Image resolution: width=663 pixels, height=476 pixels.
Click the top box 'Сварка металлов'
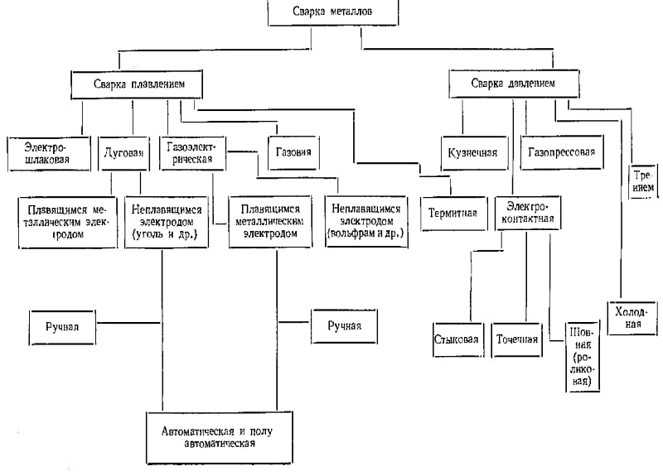333,12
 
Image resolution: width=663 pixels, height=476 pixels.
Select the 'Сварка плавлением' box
137,84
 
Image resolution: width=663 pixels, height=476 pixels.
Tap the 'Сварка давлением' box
514,84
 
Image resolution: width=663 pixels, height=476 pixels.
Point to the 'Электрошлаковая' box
49,154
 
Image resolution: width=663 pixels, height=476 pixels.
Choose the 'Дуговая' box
123,153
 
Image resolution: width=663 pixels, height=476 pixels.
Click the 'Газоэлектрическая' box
192,153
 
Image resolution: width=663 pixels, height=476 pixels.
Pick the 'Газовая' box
293,152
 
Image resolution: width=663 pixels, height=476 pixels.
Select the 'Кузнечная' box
474,153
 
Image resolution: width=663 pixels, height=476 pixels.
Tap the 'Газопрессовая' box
562,152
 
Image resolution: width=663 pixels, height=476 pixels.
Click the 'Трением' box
644,181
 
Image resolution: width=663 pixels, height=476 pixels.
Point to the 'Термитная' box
453,214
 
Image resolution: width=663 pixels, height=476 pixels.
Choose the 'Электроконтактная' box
528,213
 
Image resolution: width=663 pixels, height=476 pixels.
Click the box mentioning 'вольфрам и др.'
366,221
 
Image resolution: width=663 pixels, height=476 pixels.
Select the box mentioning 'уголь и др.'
167,222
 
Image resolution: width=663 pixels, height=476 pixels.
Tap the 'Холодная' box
632,318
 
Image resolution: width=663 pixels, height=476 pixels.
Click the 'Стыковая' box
458,340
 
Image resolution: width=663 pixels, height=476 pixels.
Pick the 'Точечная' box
516,340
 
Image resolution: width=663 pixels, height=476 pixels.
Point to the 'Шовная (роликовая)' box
583,358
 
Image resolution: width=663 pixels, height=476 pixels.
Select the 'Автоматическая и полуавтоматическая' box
220,438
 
